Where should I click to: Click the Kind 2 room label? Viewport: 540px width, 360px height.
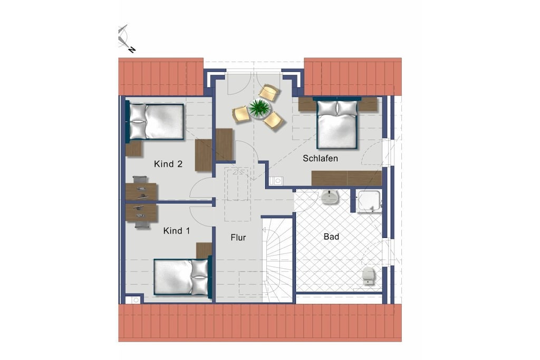pos(168,164)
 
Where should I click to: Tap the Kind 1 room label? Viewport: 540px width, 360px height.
pos(176,230)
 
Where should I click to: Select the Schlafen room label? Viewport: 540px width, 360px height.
pos(320,158)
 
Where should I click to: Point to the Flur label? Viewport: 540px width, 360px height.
pos(238,238)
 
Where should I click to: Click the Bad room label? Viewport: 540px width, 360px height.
pos(331,237)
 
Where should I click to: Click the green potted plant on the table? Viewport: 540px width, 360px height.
pos(259,108)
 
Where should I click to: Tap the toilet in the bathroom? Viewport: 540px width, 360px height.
pos(369,276)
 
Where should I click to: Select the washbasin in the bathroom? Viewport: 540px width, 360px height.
pos(330,197)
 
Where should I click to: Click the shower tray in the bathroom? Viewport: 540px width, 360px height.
pos(369,201)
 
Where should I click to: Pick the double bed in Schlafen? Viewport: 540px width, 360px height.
pos(337,124)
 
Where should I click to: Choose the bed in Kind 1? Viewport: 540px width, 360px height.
pos(181,277)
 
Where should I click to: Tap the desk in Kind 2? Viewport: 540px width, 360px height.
pos(141,191)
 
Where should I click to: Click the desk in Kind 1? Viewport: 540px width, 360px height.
pos(141,213)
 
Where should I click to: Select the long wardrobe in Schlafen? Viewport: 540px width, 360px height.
pos(346,178)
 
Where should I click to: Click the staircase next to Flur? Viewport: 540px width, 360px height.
pos(277,260)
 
